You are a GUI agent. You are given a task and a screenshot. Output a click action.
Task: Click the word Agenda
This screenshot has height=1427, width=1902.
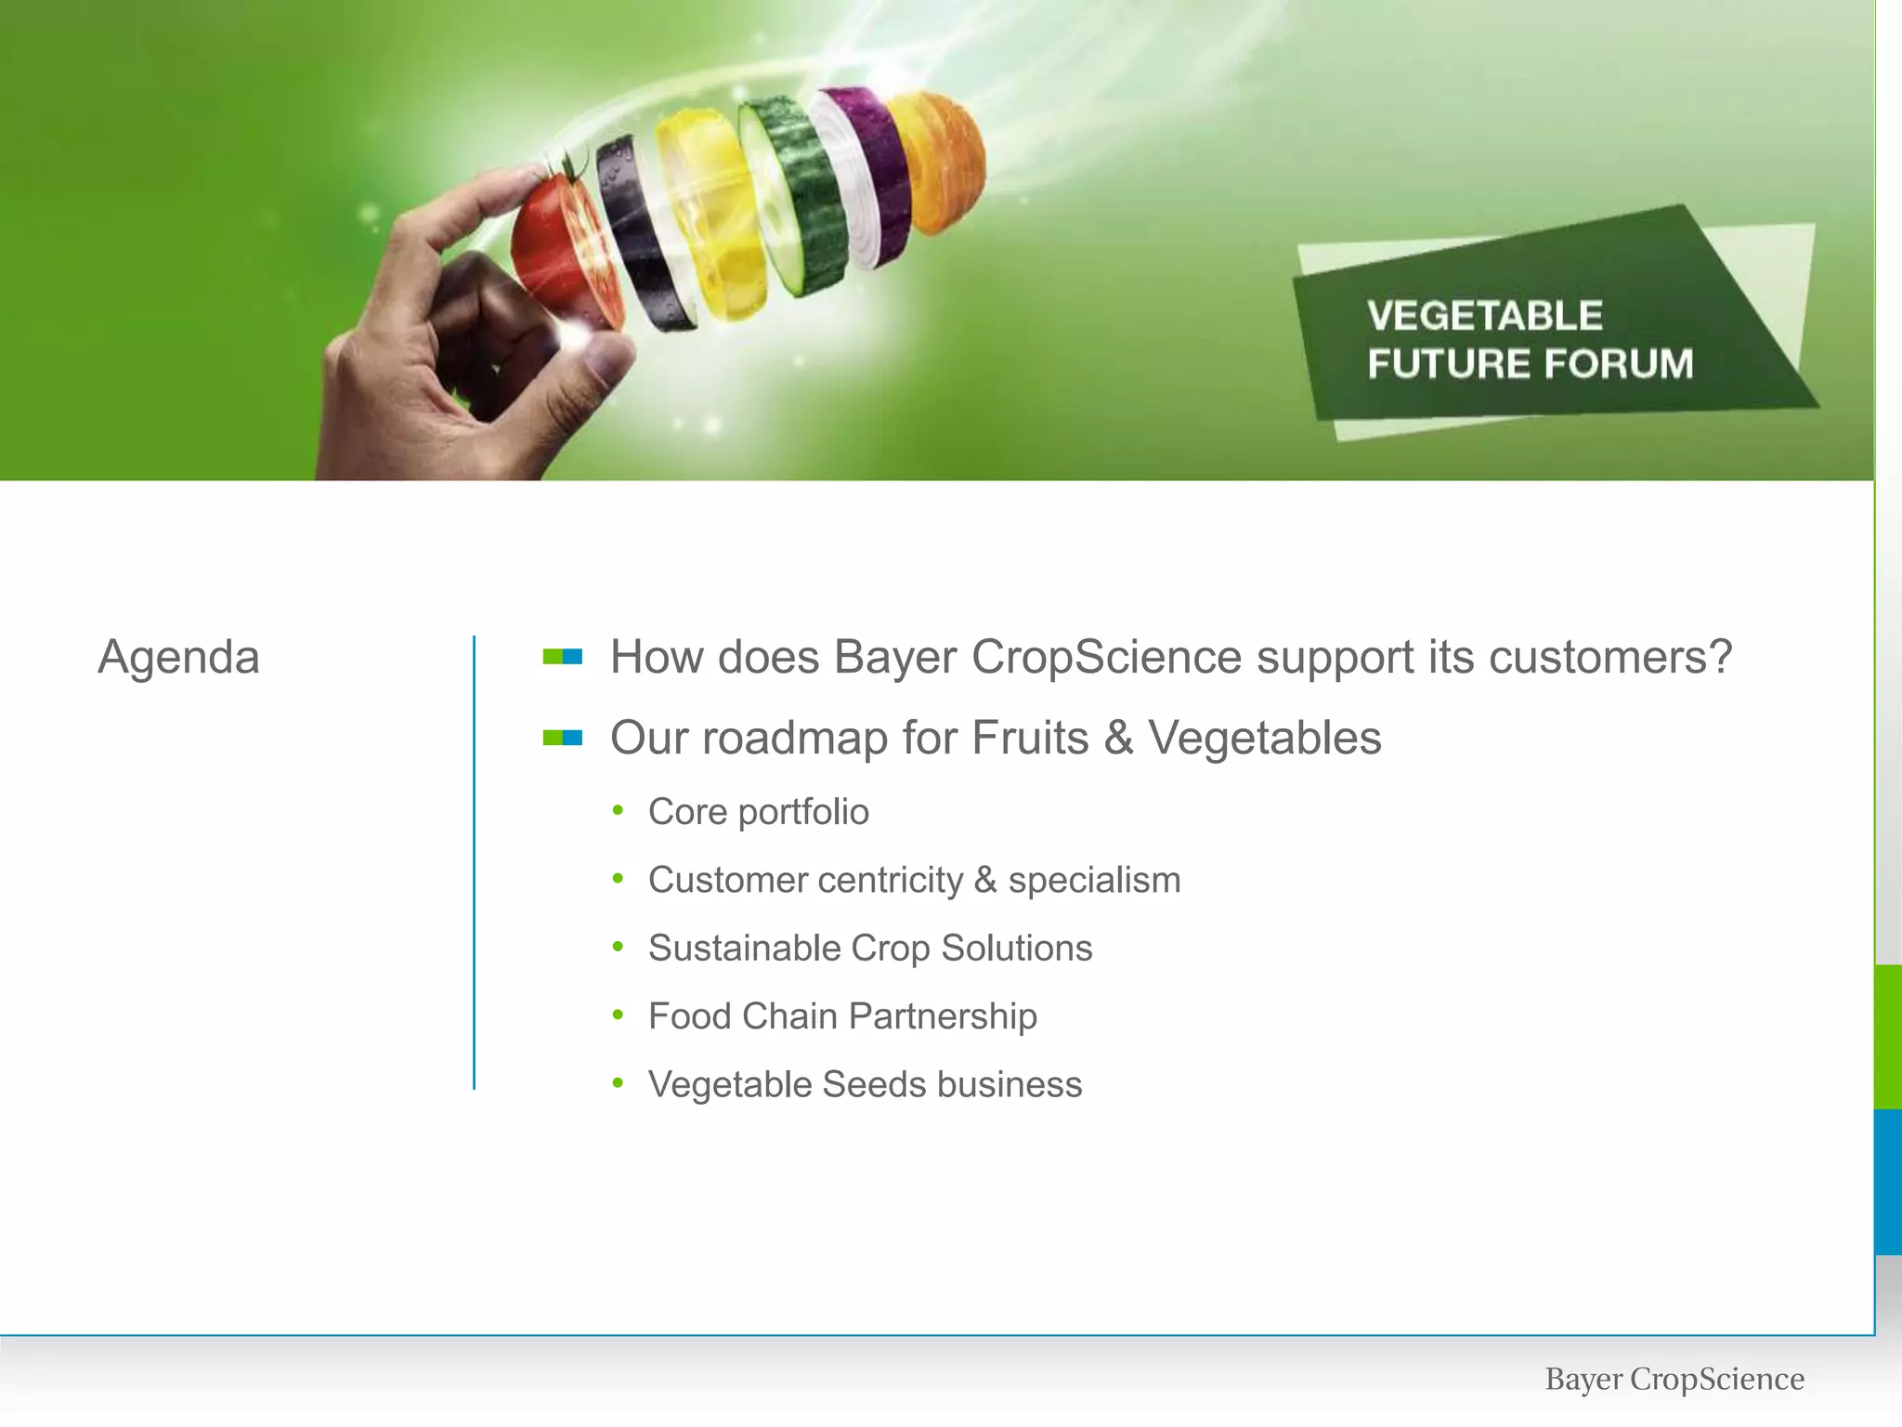coord(178,658)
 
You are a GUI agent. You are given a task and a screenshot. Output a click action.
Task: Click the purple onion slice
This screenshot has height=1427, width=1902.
coord(868,172)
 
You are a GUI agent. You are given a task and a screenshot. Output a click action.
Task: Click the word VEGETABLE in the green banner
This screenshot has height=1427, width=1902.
coord(1484,316)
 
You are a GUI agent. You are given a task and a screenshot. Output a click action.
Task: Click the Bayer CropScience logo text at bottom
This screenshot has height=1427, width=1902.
coord(1674,1379)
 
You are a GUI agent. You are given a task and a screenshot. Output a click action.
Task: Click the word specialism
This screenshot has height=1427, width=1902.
coord(1094,880)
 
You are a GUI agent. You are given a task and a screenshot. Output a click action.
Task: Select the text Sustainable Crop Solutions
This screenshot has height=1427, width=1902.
coord(869,949)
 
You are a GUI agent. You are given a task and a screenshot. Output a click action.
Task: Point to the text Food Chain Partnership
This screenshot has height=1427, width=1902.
coord(842,1016)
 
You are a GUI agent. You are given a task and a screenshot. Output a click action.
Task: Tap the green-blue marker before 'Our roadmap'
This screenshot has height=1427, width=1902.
coord(563,738)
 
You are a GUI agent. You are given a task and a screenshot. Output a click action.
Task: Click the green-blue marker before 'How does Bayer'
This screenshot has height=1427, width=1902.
coord(563,657)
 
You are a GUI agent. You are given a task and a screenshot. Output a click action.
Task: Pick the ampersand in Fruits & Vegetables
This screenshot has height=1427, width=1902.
coord(1119,739)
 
